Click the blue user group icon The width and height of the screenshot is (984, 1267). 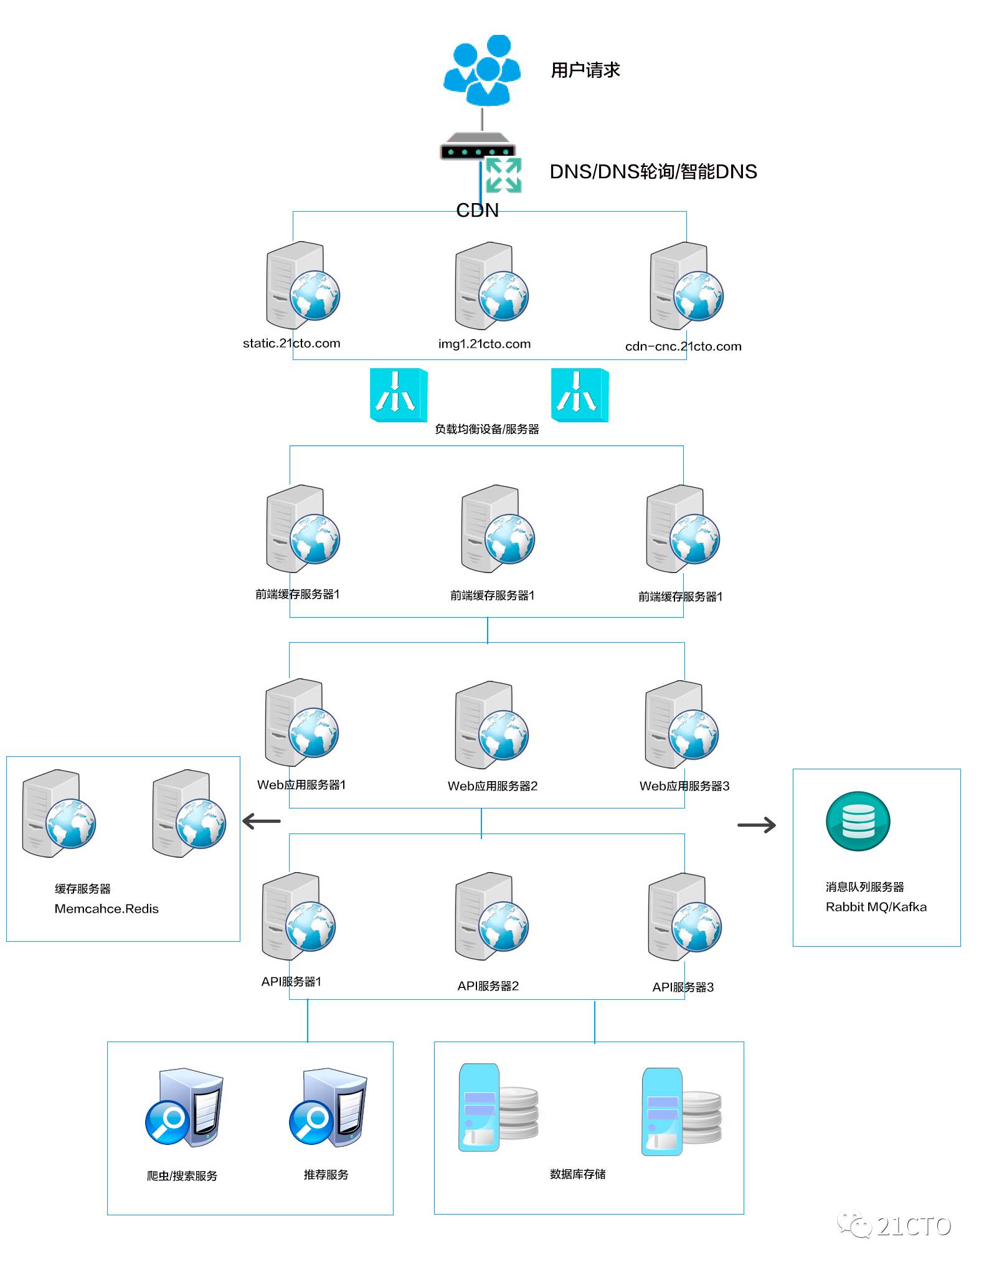481,70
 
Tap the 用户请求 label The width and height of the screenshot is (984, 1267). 585,70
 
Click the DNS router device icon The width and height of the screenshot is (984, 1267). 478,146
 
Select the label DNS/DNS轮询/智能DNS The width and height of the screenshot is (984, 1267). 653,171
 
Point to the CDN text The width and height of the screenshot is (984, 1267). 478,210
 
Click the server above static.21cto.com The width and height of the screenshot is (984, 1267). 303,285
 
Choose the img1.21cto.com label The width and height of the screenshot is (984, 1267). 485,343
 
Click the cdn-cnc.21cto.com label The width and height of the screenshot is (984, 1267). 683,346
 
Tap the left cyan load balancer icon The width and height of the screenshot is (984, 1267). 399,395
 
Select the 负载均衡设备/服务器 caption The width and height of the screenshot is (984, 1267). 487,429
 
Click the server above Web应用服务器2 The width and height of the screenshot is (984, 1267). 492,725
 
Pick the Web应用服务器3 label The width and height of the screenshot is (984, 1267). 684,786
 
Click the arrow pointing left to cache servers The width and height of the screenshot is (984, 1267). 262,821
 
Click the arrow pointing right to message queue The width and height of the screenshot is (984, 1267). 757,825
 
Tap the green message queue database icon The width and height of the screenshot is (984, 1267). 858,821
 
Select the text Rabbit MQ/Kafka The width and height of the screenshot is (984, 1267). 876,907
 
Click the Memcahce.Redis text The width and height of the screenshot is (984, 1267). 106,909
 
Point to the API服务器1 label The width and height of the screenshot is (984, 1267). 291,982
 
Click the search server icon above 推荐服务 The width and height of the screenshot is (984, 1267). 328,1108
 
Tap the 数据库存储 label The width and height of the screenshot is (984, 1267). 578,1174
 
